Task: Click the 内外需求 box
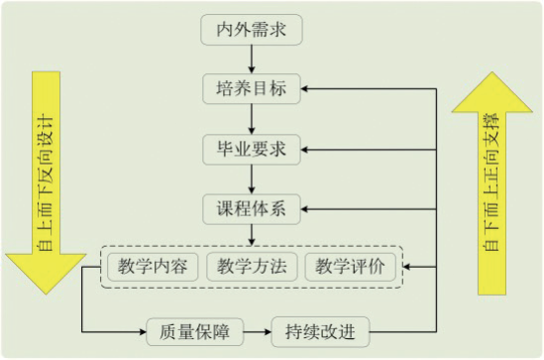point(252,30)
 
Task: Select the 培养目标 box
point(252,89)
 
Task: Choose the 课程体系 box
point(252,209)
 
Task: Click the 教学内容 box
point(151,267)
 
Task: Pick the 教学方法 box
point(252,267)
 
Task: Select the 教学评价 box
point(351,267)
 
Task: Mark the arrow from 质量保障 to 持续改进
point(257,330)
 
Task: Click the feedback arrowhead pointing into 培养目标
point(308,89)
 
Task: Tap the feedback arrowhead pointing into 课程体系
point(308,209)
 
